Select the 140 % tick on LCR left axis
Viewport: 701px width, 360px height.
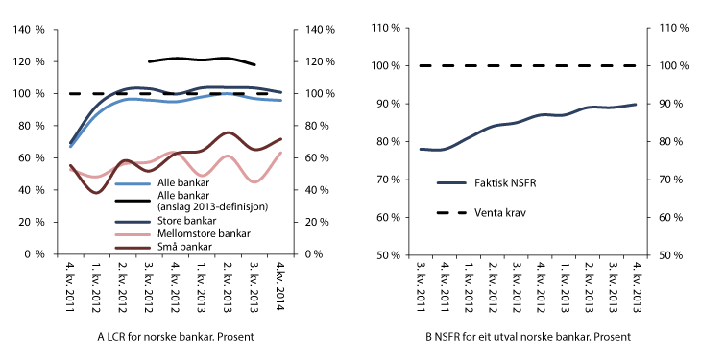point(32,29)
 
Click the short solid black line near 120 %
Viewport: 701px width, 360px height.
point(202,60)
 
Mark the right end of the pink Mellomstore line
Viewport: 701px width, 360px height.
point(279,153)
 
